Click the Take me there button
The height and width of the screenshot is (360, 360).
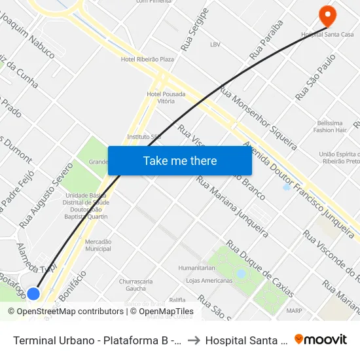tap(180, 160)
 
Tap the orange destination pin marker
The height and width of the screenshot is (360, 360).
tap(326, 14)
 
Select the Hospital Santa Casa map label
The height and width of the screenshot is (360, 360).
tap(327, 33)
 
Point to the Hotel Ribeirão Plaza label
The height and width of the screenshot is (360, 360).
tap(147, 59)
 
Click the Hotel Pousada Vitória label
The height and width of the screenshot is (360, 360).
tap(166, 98)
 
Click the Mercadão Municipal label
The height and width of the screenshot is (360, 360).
tap(98, 245)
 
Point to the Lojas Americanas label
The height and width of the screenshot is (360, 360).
tap(209, 281)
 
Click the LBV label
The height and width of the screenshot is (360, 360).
tap(215, 45)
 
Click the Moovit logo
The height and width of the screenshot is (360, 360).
tap(321, 339)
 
